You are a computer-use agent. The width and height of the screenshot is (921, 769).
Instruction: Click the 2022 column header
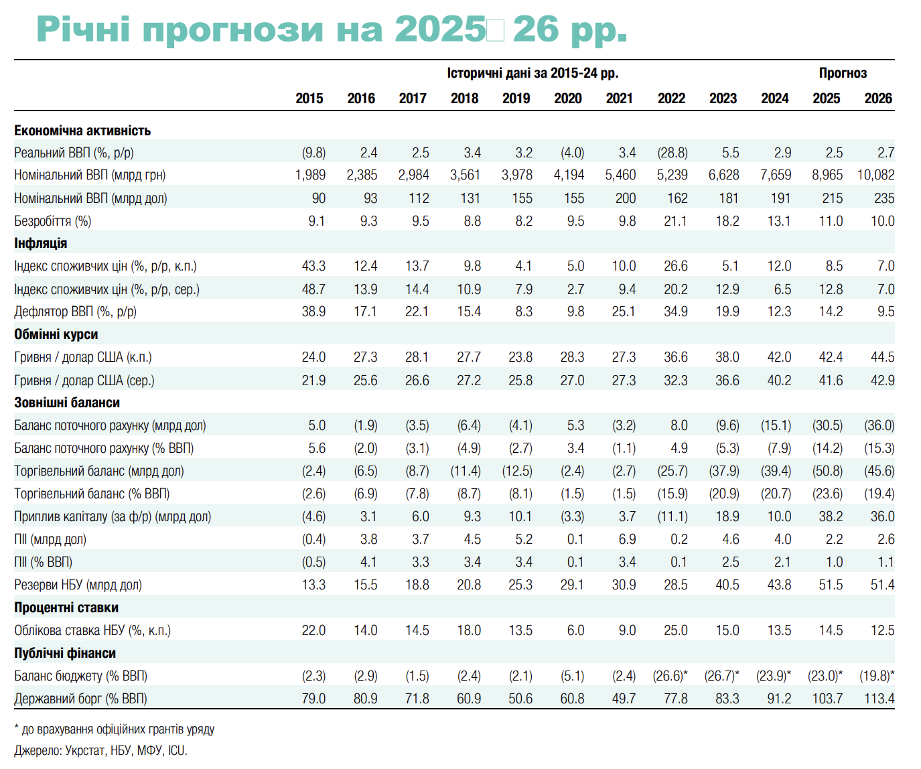[671, 98]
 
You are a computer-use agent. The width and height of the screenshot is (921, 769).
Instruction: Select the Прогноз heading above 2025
[843, 73]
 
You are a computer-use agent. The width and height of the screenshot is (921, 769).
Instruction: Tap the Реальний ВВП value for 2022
[672, 153]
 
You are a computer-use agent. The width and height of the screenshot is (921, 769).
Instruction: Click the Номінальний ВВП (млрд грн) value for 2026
[875, 175]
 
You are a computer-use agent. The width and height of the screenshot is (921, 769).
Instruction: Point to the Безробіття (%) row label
[52, 221]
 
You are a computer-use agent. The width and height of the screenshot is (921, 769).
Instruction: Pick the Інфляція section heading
[40, 243]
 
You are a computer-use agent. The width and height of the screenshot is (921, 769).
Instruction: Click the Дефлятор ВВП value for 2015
[313, 311]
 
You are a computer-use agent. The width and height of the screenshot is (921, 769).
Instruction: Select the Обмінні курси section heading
[56, 334]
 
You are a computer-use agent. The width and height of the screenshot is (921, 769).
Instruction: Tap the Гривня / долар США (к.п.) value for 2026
[882, 357]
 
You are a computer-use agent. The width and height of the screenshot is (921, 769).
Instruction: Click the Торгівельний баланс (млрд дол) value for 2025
[827, 471]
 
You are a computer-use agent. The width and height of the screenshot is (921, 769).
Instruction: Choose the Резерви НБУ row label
[78, 585]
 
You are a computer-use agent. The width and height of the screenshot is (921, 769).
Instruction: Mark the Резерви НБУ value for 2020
[572, 585]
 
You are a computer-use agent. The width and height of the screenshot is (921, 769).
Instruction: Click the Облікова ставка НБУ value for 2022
[675, 630]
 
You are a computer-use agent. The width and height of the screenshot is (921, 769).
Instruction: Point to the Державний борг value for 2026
[879, 699]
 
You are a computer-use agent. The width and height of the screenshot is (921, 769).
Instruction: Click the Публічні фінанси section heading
[64, 653]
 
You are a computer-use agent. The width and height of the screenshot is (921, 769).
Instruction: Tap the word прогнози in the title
[232, 29]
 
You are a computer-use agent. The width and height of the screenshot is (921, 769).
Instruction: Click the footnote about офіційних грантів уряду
[114, 729]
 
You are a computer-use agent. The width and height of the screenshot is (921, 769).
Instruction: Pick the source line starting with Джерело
[100, 751]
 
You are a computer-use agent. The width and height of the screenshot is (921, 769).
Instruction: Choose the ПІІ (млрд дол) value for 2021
[626, 539]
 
